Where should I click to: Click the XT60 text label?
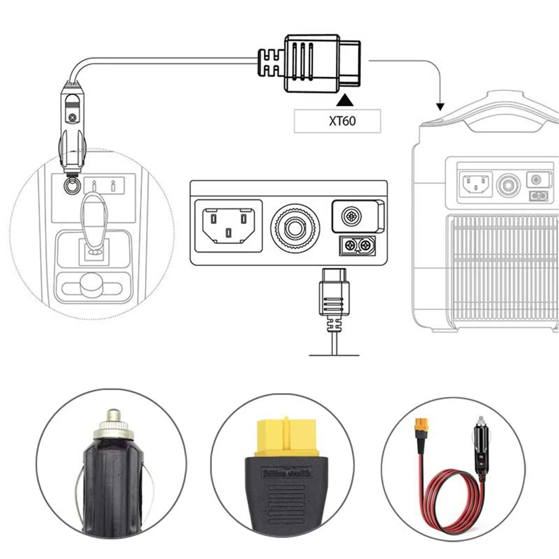click(342, 121)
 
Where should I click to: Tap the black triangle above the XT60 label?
click(345, 100)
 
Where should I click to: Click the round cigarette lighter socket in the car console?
click(71, 186)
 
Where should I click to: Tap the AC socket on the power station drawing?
click(475, 183)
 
